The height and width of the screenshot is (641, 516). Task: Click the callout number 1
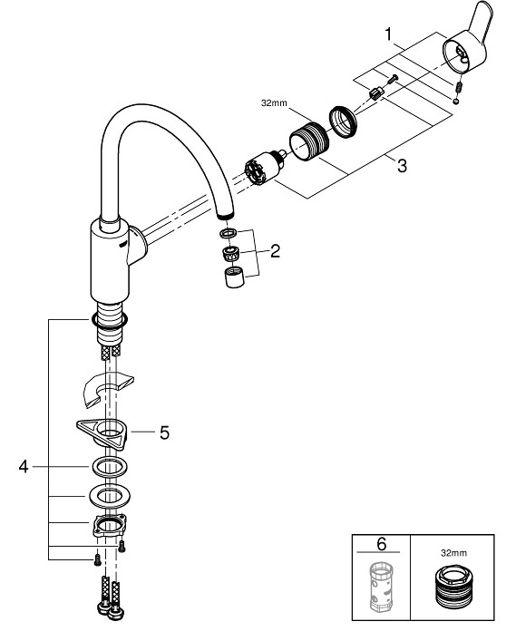[388, 34]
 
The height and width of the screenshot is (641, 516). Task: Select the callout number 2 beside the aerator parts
[275, 251]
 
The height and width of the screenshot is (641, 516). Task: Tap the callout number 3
[402, 166]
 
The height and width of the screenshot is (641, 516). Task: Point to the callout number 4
[24, 466]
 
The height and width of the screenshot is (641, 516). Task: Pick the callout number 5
[164, 432]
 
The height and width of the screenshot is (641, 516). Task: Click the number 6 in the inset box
[381, 544]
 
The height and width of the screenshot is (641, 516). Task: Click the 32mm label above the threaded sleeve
[274, 103]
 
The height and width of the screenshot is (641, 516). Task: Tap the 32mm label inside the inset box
[453, 553]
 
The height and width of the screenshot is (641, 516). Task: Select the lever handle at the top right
[468, 45]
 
